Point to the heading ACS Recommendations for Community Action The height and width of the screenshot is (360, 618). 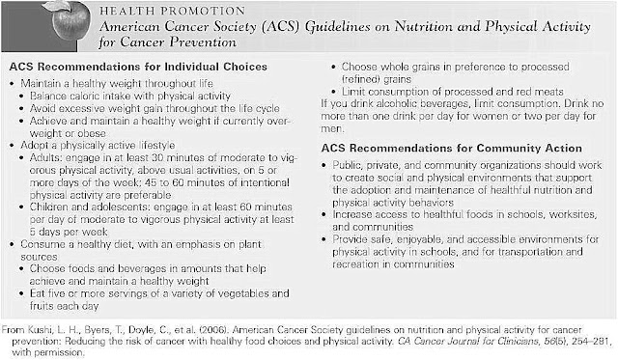coord(451,149)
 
